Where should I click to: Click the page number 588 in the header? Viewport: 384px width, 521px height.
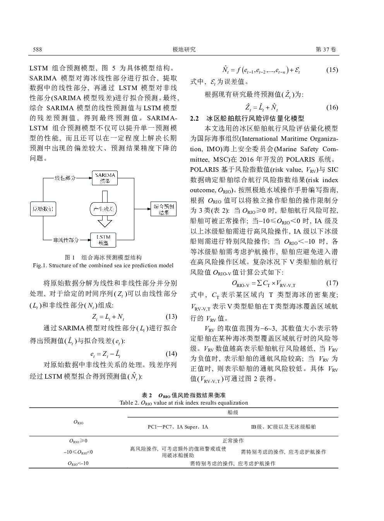click(37, 50)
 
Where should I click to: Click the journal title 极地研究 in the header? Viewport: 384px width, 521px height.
click(184, 50)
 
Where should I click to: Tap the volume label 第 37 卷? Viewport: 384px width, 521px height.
click(326, 50)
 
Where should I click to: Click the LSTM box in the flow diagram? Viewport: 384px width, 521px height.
click(103, 240)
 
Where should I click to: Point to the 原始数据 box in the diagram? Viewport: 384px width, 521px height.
click(43, 209)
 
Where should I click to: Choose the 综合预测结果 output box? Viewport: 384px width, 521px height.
click(163, 209)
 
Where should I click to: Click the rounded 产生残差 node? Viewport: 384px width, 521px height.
click(103, 209)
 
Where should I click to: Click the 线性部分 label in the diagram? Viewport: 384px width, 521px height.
click(65, 178)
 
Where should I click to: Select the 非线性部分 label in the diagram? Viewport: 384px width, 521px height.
click(66, 240)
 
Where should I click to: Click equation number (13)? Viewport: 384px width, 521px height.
click(171, 317)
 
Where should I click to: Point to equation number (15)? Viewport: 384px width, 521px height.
click(332, 70)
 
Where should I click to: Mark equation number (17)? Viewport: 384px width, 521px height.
click(332, 283)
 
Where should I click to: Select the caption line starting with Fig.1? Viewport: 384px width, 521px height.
click(103, 265)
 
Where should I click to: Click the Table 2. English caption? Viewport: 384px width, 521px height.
click(184, 403)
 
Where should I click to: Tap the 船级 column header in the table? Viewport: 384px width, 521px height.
click(233, 412)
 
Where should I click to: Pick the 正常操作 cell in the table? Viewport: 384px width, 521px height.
click(233, 441)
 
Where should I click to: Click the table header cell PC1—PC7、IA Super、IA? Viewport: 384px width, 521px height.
click(178, 427)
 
